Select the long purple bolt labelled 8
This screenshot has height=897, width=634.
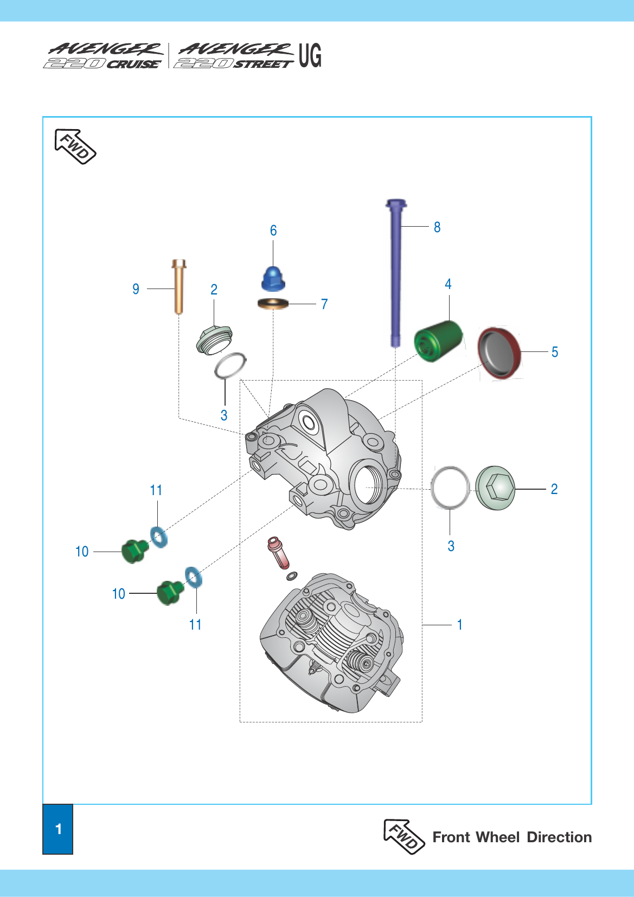[396, 273]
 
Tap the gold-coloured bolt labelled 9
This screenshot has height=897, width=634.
[178, 287]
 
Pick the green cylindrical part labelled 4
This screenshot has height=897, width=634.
[438, 341]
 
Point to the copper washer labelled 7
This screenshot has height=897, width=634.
[273, 304]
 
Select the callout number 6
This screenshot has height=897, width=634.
[273, 230]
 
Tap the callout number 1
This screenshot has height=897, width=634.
[460, 624]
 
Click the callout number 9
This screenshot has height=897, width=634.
[136, 289]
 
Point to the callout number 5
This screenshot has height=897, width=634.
[555, 352]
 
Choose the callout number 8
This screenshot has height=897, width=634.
[437, 227]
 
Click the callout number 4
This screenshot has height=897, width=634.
[448, 284]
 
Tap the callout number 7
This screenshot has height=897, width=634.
[324, 304]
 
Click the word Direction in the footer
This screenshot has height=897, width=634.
[559, 837]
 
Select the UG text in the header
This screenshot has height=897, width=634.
[310, 55]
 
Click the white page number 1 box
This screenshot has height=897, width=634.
[58, 829]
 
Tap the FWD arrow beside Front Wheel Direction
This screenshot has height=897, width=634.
[404, 836]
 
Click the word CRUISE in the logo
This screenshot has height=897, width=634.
[134, 64]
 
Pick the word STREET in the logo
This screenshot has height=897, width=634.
[263, 64]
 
